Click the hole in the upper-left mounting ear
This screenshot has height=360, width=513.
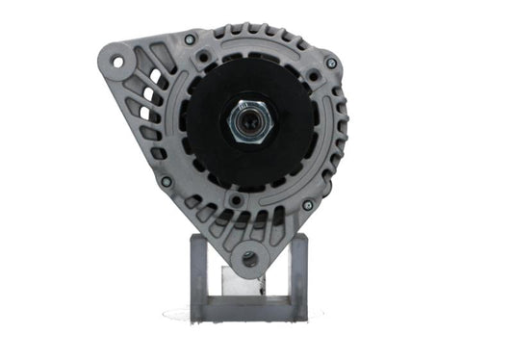pyautogui.click(x=117, y=63)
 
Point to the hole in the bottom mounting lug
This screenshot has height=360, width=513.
pyautogui.click(x=249, y=258)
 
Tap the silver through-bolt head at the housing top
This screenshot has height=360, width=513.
pyautogui.click(x=191, y=39)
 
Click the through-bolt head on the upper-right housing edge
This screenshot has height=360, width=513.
pyautogui.click(x=331, y=64)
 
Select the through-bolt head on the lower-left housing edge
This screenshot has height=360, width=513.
pyautogui.click(x=166, y=181)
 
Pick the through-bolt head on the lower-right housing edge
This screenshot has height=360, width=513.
pyautogui.click(x=308, y=205)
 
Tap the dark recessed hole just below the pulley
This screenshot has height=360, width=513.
pyautogui.click(x=237, y=197)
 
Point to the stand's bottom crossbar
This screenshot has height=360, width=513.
pyautogui.click(x=247, y=315)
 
